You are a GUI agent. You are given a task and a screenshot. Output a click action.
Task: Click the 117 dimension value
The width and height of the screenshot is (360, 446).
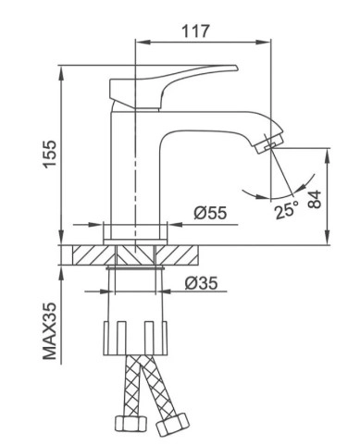195,29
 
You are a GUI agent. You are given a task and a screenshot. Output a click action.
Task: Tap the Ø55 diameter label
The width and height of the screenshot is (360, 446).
210,213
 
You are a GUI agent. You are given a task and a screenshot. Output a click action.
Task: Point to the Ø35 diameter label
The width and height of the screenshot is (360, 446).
201,283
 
